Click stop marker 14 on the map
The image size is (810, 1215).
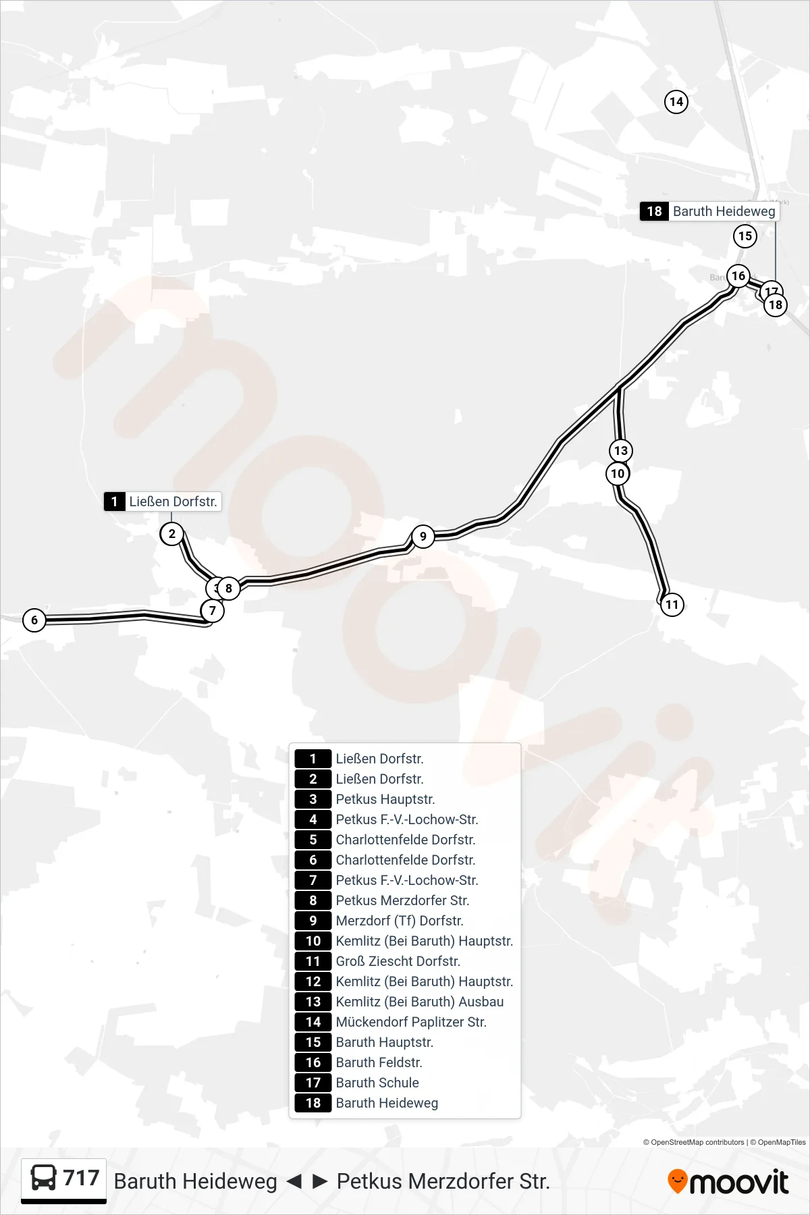[676, 102]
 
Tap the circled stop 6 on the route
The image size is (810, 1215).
[34, 620]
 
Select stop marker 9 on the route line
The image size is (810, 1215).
[423, 537]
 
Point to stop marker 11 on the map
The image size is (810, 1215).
[672, 605]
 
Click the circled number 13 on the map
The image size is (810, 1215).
[621, 451]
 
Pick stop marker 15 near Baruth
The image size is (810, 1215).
[745, 236]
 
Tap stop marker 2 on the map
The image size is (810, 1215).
[172, 534]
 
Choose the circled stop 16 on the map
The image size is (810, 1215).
[738, 276]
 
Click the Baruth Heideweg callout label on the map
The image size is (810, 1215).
[709, 211]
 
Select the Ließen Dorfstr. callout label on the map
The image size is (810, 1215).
[163, 502]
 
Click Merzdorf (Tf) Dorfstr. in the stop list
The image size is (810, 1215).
[400, 921]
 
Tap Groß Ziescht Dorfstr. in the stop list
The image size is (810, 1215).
[398, 961]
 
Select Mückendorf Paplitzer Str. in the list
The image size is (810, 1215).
[411, 1022]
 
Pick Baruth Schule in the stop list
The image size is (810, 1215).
[377, 1083]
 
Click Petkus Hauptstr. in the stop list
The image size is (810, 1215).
[385, 799]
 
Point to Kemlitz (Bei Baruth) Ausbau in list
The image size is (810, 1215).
[420, 1002]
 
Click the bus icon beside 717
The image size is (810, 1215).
[44, 1178]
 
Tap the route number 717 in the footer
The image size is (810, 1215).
[81, 1178]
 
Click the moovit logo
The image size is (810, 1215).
[728, 1181]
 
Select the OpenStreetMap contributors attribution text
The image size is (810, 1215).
[693, 1142]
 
